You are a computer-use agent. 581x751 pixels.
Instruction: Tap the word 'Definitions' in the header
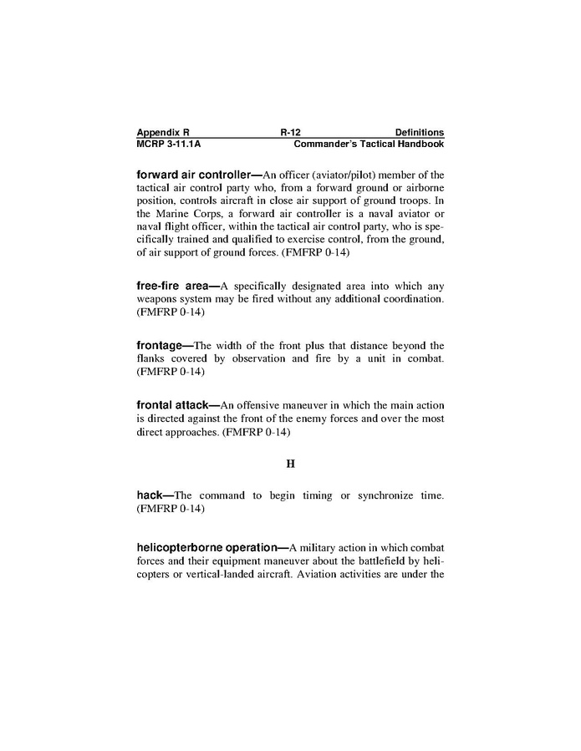(x=419, y=132)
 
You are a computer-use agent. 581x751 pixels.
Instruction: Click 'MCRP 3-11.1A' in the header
(x=169, y=144)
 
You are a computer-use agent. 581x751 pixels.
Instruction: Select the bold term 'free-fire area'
(x=172, y=286)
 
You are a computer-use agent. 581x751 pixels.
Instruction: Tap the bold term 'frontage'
(x=161, y=344)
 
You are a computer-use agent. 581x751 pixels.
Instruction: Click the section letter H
(x=290, y=463)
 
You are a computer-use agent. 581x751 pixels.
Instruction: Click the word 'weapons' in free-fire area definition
(x=157, y=299)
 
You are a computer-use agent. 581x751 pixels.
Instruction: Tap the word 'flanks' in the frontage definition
(x=151, y=358)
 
